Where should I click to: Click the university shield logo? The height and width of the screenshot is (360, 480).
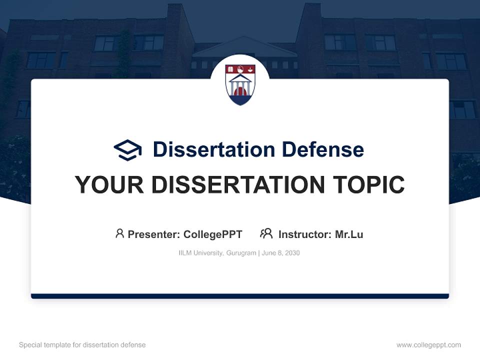point(240,84)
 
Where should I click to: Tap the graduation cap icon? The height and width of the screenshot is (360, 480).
point(128,149)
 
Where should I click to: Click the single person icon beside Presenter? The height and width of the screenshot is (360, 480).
point(119,233)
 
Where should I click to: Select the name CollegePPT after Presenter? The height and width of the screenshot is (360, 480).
point(213,234)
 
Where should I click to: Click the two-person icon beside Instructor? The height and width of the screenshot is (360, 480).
point(266,233)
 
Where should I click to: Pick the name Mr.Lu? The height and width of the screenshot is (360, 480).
point(349,234)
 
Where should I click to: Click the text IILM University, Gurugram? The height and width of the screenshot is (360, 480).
point(217,253)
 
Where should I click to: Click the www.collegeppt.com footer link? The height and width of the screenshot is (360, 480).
point(428,345)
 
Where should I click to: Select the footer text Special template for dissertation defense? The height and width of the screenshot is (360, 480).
point(82,345)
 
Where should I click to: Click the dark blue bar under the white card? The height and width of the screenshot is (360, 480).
point(240,296)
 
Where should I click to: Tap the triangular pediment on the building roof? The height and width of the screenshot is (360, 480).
point(244,47)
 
